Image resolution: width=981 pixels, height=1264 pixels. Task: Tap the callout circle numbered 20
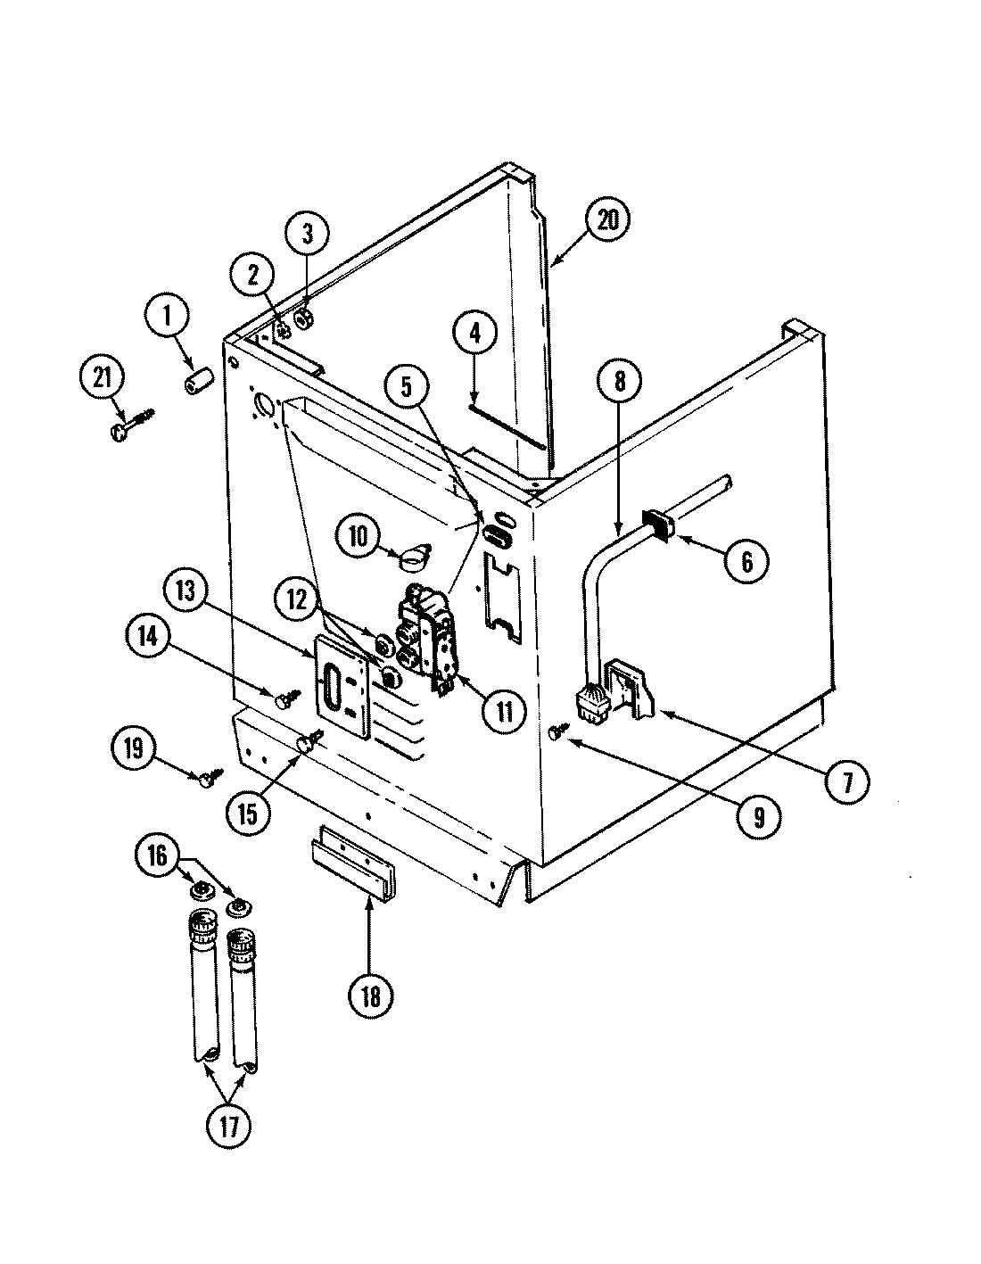pyautogui.click(x=607, y=219)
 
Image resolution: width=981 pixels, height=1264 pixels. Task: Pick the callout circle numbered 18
pyautogui.click(x=370, y=996)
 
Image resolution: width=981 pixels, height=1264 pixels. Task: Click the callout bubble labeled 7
pyautogui.click(x=845, y=782)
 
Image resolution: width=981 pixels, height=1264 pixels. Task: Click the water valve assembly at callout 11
pyautogui.click(x=430, y=634)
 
